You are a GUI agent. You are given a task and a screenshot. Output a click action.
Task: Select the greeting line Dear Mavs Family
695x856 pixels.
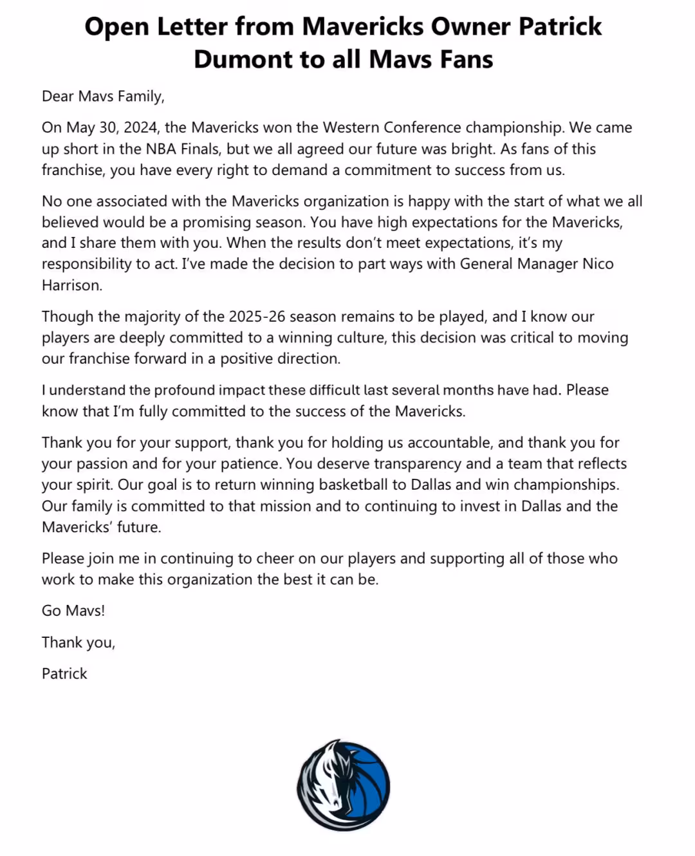103,97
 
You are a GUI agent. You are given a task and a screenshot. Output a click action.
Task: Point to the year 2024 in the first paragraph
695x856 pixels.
140,127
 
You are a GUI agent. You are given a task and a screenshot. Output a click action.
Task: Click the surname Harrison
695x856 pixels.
71,285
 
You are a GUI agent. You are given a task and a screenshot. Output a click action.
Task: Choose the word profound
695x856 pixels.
184,390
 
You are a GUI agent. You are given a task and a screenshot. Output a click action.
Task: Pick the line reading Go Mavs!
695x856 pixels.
73,611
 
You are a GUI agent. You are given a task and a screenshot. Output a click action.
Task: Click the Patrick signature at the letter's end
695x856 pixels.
64,674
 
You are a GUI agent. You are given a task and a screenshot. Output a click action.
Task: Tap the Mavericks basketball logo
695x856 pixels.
343,785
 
